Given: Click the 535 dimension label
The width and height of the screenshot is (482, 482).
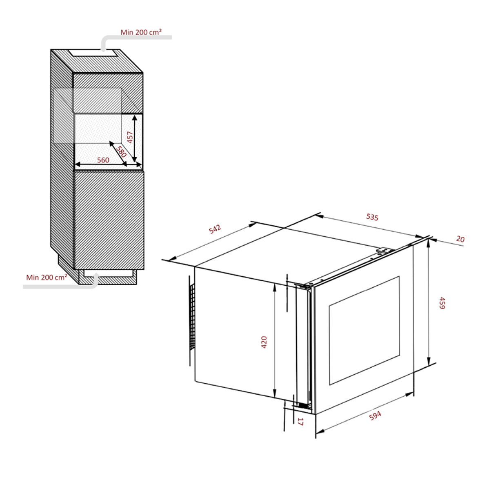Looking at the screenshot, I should click(x=372, y=217).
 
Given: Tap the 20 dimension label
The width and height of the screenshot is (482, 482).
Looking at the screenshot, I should click(x=460, y=239).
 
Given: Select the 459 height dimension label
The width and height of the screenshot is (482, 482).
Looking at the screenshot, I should click(x=441, y=303).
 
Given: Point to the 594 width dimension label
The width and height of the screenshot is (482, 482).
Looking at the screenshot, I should click(x=375, y=416).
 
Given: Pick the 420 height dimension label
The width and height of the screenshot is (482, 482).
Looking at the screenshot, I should click(x=264, y=342).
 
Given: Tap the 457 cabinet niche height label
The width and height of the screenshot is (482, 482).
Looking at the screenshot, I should click(x=130, y=137).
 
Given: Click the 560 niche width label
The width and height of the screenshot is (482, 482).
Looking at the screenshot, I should click(x=103, y=160).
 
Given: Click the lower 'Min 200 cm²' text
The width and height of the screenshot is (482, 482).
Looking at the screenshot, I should click(x=47, y=277).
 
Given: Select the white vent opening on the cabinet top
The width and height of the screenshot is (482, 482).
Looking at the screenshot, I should click(x=94, y=53).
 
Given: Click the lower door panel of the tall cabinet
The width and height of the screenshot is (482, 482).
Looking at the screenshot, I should click(x=109, y=220).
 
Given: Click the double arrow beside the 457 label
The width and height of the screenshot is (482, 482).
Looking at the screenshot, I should click(x=135, y=138).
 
